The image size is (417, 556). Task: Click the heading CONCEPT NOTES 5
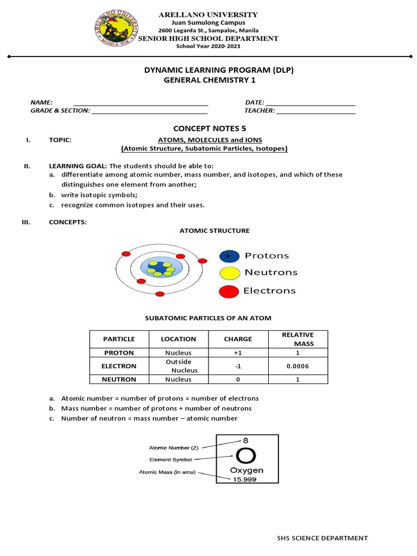[206, 128]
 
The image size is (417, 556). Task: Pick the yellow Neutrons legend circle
[229, 273]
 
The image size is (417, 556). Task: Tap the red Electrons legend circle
[229, 292]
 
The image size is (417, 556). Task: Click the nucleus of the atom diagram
[159, 268]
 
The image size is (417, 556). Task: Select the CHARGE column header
[238, 339]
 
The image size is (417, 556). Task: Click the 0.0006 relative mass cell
[297, 366]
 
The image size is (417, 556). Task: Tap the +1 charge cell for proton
[238, 352]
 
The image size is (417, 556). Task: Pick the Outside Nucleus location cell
[178, 366]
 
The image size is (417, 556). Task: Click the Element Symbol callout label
[170, 459]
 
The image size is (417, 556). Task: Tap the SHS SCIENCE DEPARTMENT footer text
[323, 538]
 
